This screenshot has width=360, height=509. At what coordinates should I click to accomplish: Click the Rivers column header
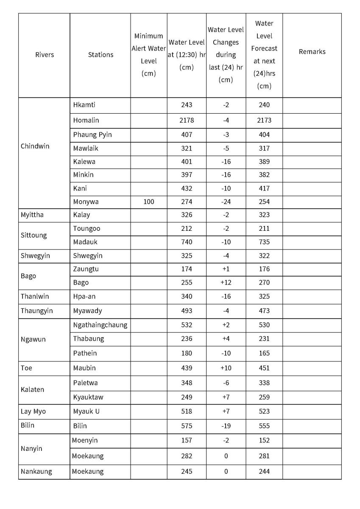point(45,55)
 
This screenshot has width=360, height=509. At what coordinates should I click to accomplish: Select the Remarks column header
point(312,52)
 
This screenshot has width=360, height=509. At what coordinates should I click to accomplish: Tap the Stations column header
point(100,55)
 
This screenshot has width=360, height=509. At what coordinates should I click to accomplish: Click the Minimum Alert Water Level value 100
point(148,202)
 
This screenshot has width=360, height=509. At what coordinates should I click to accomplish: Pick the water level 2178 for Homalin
point(187,120)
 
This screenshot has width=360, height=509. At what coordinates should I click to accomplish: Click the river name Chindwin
point(35,146)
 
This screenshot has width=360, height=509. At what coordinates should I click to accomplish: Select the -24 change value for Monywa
point(226,202)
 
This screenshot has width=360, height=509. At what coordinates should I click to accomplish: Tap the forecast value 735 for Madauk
point(264,242)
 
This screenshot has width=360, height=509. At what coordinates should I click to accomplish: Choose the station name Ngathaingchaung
point(100,325)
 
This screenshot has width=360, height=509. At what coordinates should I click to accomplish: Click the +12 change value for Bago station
point(226,282)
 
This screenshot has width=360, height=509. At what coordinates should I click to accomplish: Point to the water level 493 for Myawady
point(187,311)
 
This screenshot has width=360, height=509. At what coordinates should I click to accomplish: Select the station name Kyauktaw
point(88,397)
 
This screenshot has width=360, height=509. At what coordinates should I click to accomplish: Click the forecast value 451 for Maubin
point(264,368)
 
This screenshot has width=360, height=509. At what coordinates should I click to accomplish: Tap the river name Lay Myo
point(33,411)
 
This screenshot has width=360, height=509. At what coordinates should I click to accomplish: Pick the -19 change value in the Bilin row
point(226,426)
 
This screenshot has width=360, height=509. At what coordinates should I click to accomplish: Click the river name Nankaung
point(36,472)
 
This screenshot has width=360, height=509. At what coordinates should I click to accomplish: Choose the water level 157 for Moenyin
point(187,441)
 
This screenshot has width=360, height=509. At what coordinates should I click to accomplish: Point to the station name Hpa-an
point(84,296)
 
